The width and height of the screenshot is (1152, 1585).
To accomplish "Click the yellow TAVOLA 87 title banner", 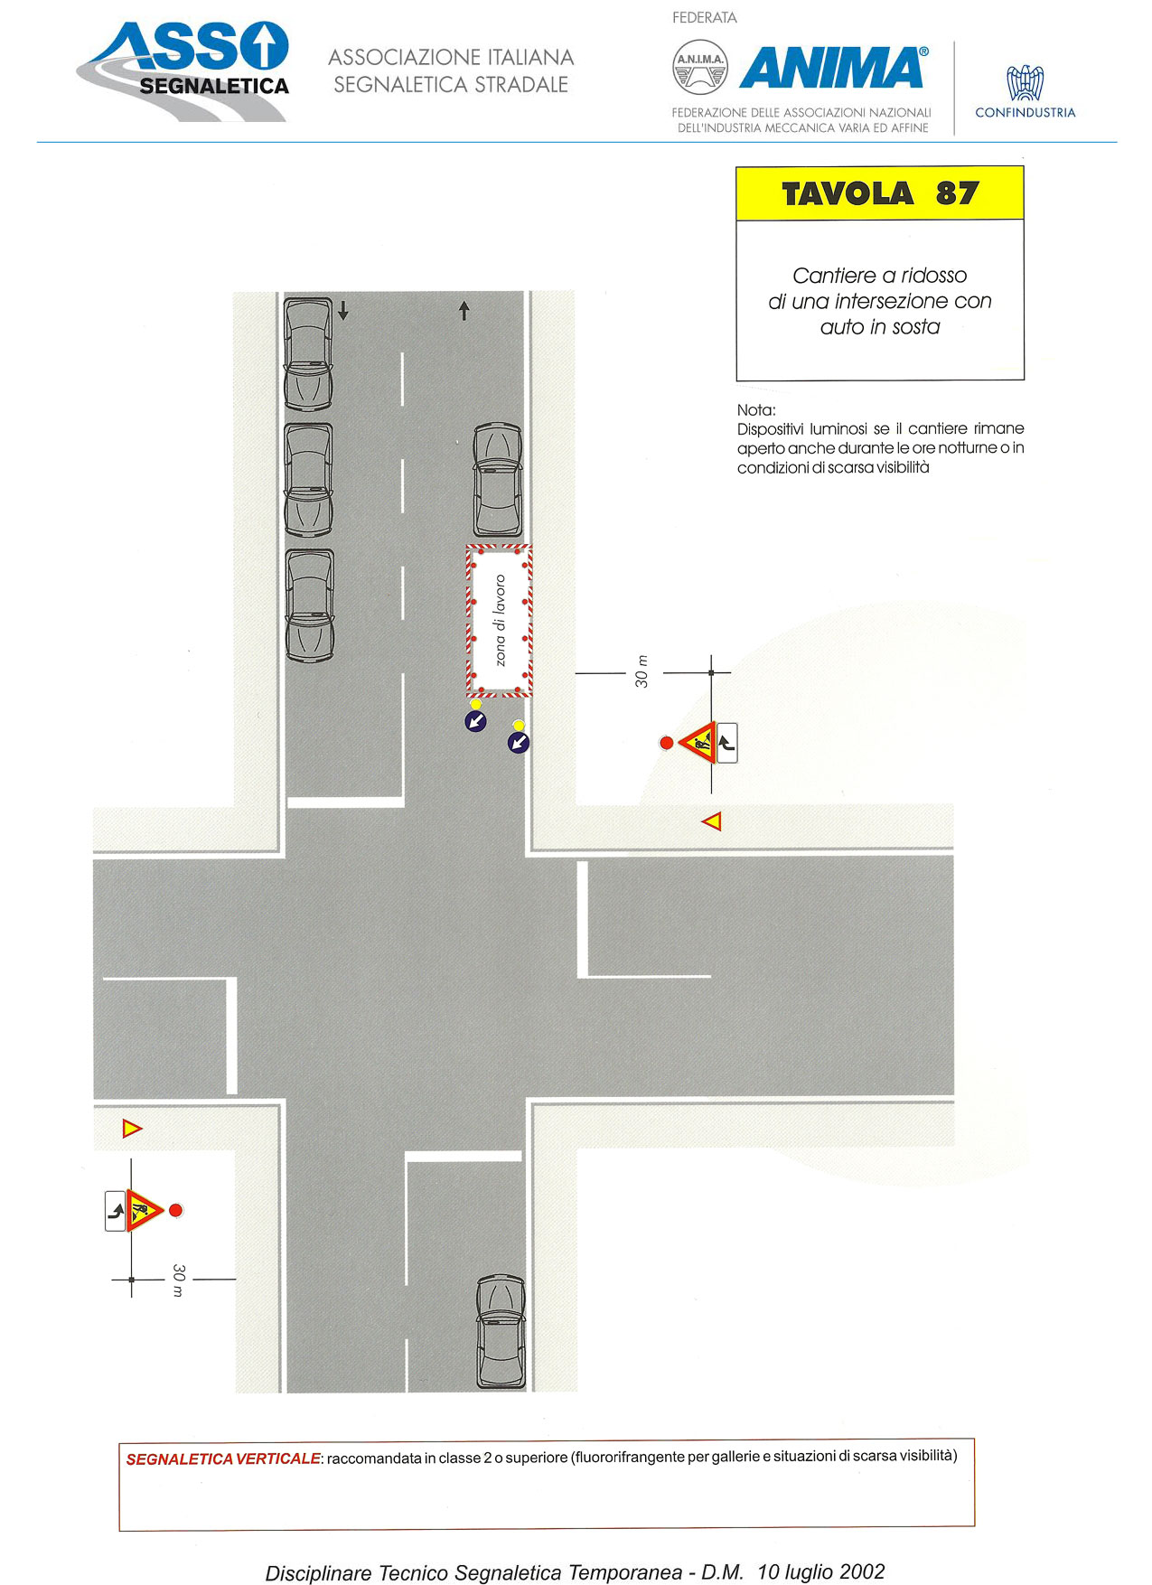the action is [x=879, y=193].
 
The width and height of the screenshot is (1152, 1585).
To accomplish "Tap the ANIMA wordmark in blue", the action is [x=833, y=68].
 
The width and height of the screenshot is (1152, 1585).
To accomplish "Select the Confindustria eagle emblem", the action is [x=1026, y=82].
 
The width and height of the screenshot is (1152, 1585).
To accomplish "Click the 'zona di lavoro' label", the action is [x=500, y=621].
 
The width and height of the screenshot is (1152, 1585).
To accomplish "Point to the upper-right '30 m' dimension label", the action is [x=642, y=671].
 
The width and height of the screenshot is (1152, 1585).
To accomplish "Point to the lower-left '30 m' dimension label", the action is [x=178, y=1280].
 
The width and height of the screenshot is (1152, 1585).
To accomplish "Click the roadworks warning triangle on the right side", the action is [x=698, y=743].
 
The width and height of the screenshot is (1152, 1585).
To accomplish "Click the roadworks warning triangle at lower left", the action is [x=143, y=1210].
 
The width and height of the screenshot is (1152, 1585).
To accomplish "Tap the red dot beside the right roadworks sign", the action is [x=667, y=743].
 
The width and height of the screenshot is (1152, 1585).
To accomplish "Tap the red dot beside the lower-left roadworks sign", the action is [x=176, y=1210].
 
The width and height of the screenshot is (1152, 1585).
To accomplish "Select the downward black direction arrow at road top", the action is [x=343, y=311].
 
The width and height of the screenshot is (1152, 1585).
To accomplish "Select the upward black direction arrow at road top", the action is [x=464, y=311].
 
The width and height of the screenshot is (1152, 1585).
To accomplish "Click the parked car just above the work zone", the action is [x=498, y=480].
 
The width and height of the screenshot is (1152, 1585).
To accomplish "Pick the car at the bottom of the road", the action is [x=501, y=1331].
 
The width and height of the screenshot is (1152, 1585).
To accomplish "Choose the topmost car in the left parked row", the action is [x=309, y=353].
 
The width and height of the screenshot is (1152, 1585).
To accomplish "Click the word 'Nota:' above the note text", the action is [x=756, y=410].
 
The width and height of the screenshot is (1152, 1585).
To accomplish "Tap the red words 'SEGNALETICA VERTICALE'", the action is [x=223, y=1458].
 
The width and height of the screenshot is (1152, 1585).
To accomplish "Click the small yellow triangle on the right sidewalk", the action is [x=712, y=821].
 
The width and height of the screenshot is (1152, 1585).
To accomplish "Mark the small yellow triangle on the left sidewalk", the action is [x=132, y=1128].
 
